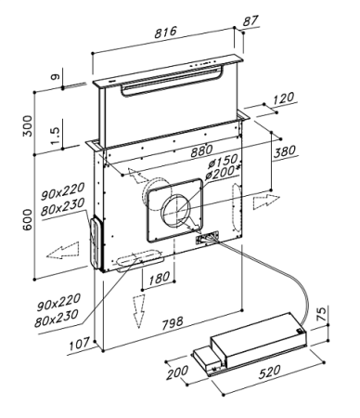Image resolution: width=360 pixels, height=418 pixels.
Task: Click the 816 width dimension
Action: [165, 32]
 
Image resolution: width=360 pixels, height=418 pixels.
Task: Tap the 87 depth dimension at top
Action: [251, 20]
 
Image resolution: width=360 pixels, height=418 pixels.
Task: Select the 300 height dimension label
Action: [28, 125]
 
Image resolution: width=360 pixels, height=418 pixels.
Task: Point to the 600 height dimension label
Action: [28, 219]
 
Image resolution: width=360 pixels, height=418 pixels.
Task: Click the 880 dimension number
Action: [201, 150]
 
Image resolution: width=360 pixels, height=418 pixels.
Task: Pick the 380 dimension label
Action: [285, 151]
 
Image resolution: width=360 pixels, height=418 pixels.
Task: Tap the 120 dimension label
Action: [283, 98]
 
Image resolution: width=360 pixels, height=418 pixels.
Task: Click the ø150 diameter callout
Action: [222, 161]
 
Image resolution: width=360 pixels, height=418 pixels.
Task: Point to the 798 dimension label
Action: [173, 323]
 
